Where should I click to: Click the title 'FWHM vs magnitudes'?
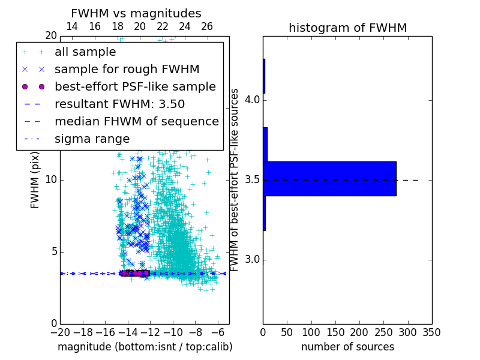pos(136,14)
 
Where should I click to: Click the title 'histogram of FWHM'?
pos(347,28)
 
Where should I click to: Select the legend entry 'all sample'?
pos(85,52)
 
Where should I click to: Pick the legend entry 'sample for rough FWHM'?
pos(127,69)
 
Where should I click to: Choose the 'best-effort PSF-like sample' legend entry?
pos(135,86)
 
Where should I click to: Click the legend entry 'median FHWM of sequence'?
pos(136,121)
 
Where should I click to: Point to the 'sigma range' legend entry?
pos(92,139)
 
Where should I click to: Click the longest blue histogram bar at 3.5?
pos(329,179)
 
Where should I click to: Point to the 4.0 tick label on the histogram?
pos(253,99)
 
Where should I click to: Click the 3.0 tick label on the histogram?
pos(253,260)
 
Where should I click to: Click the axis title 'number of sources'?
pos(347,347)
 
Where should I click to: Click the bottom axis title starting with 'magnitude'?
pos(145,347)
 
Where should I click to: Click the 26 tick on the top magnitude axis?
pos(207,26)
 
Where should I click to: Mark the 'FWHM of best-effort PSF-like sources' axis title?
pos(235,179)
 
